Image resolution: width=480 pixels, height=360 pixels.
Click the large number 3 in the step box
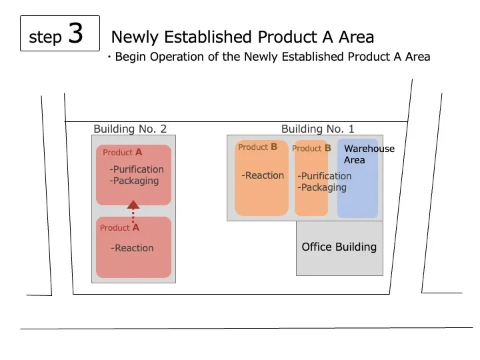[75, 33]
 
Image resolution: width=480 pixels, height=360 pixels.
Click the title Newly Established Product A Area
[242, 37]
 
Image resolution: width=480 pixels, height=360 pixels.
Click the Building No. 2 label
[130, 129]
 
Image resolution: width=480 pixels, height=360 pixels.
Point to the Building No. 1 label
[318, 129]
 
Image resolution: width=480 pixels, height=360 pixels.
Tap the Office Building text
[339, 247]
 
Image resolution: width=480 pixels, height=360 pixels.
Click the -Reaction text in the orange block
[263, 175]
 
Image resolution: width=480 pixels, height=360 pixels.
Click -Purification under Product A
[137, 169]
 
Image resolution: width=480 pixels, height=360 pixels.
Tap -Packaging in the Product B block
[322, 187]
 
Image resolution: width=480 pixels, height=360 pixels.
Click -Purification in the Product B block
[325, 176]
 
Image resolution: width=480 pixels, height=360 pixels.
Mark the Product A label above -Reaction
[119, 227]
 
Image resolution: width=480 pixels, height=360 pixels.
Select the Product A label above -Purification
[122, 152]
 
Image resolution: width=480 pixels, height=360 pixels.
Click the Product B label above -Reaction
[257, 147]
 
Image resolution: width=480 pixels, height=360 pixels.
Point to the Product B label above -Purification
[311, 148]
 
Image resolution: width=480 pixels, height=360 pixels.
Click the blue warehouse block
[358, 193]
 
